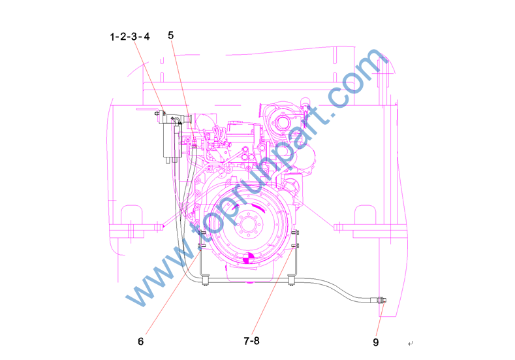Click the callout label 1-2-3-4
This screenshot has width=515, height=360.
[129, 37]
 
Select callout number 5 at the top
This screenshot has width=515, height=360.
[170, 35]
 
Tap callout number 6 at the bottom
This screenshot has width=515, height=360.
[140, 341]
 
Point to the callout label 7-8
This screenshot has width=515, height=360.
[251, 341]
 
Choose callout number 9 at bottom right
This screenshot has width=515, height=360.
[376, 342]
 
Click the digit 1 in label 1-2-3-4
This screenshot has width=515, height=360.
[112, 37]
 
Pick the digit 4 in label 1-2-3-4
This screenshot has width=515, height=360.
[146, 36]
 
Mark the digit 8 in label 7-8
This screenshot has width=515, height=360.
[257, 341]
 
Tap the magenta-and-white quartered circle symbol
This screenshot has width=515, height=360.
[248, 258]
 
